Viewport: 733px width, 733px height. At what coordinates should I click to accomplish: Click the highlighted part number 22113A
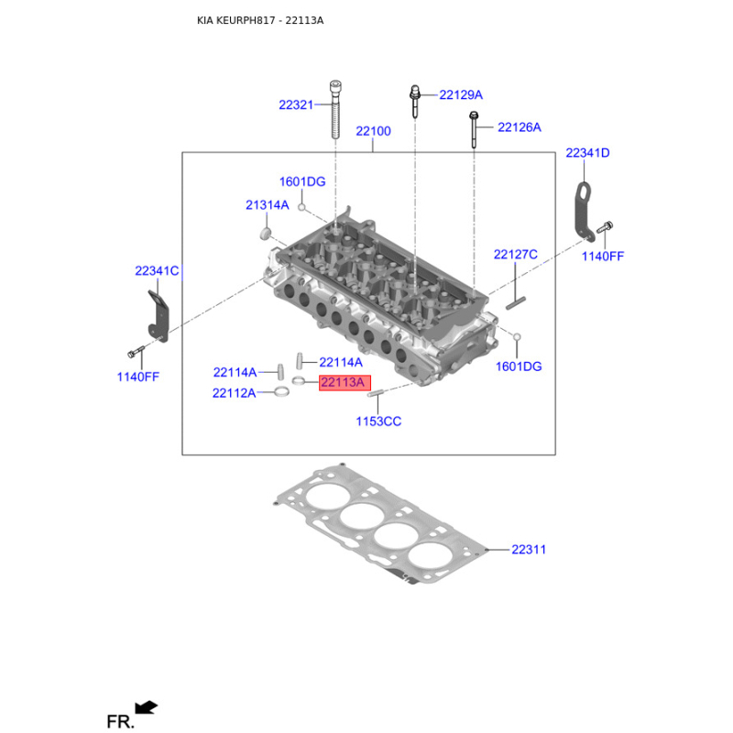[345, 382]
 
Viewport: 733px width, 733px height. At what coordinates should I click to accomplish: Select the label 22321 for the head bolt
[296, 105]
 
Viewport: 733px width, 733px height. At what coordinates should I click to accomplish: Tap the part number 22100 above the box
[373, 131]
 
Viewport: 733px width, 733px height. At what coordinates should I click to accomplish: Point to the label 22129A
[461, 95]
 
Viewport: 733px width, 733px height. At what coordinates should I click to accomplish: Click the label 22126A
[520, 127]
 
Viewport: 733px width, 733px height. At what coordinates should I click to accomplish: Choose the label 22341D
[587, 153]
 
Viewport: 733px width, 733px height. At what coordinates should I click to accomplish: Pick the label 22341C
[157, 271]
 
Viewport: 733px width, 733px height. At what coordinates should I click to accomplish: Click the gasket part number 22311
[529, 550]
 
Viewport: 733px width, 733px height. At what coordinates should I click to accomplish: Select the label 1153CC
[378, 421]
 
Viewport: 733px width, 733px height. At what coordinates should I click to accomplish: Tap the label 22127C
[516, 255]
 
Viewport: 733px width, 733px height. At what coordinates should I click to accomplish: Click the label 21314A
[268, 205]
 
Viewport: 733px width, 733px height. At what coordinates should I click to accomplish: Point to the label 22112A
[235, 393]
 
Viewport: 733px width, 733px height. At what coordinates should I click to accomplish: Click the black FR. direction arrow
[146, 707]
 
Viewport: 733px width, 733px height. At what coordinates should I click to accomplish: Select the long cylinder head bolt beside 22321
[335, 110]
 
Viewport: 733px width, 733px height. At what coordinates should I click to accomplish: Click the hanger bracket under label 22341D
[585, 213]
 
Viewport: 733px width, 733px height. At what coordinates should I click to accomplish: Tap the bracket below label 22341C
[159, 316]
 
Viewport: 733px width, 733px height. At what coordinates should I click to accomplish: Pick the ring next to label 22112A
[281, 392]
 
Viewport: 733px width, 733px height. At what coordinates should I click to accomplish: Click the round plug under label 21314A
[266, 234]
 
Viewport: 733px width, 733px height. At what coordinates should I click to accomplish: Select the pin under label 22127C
[516, 303]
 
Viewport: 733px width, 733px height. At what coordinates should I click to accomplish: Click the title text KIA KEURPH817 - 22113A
[260, 20]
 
